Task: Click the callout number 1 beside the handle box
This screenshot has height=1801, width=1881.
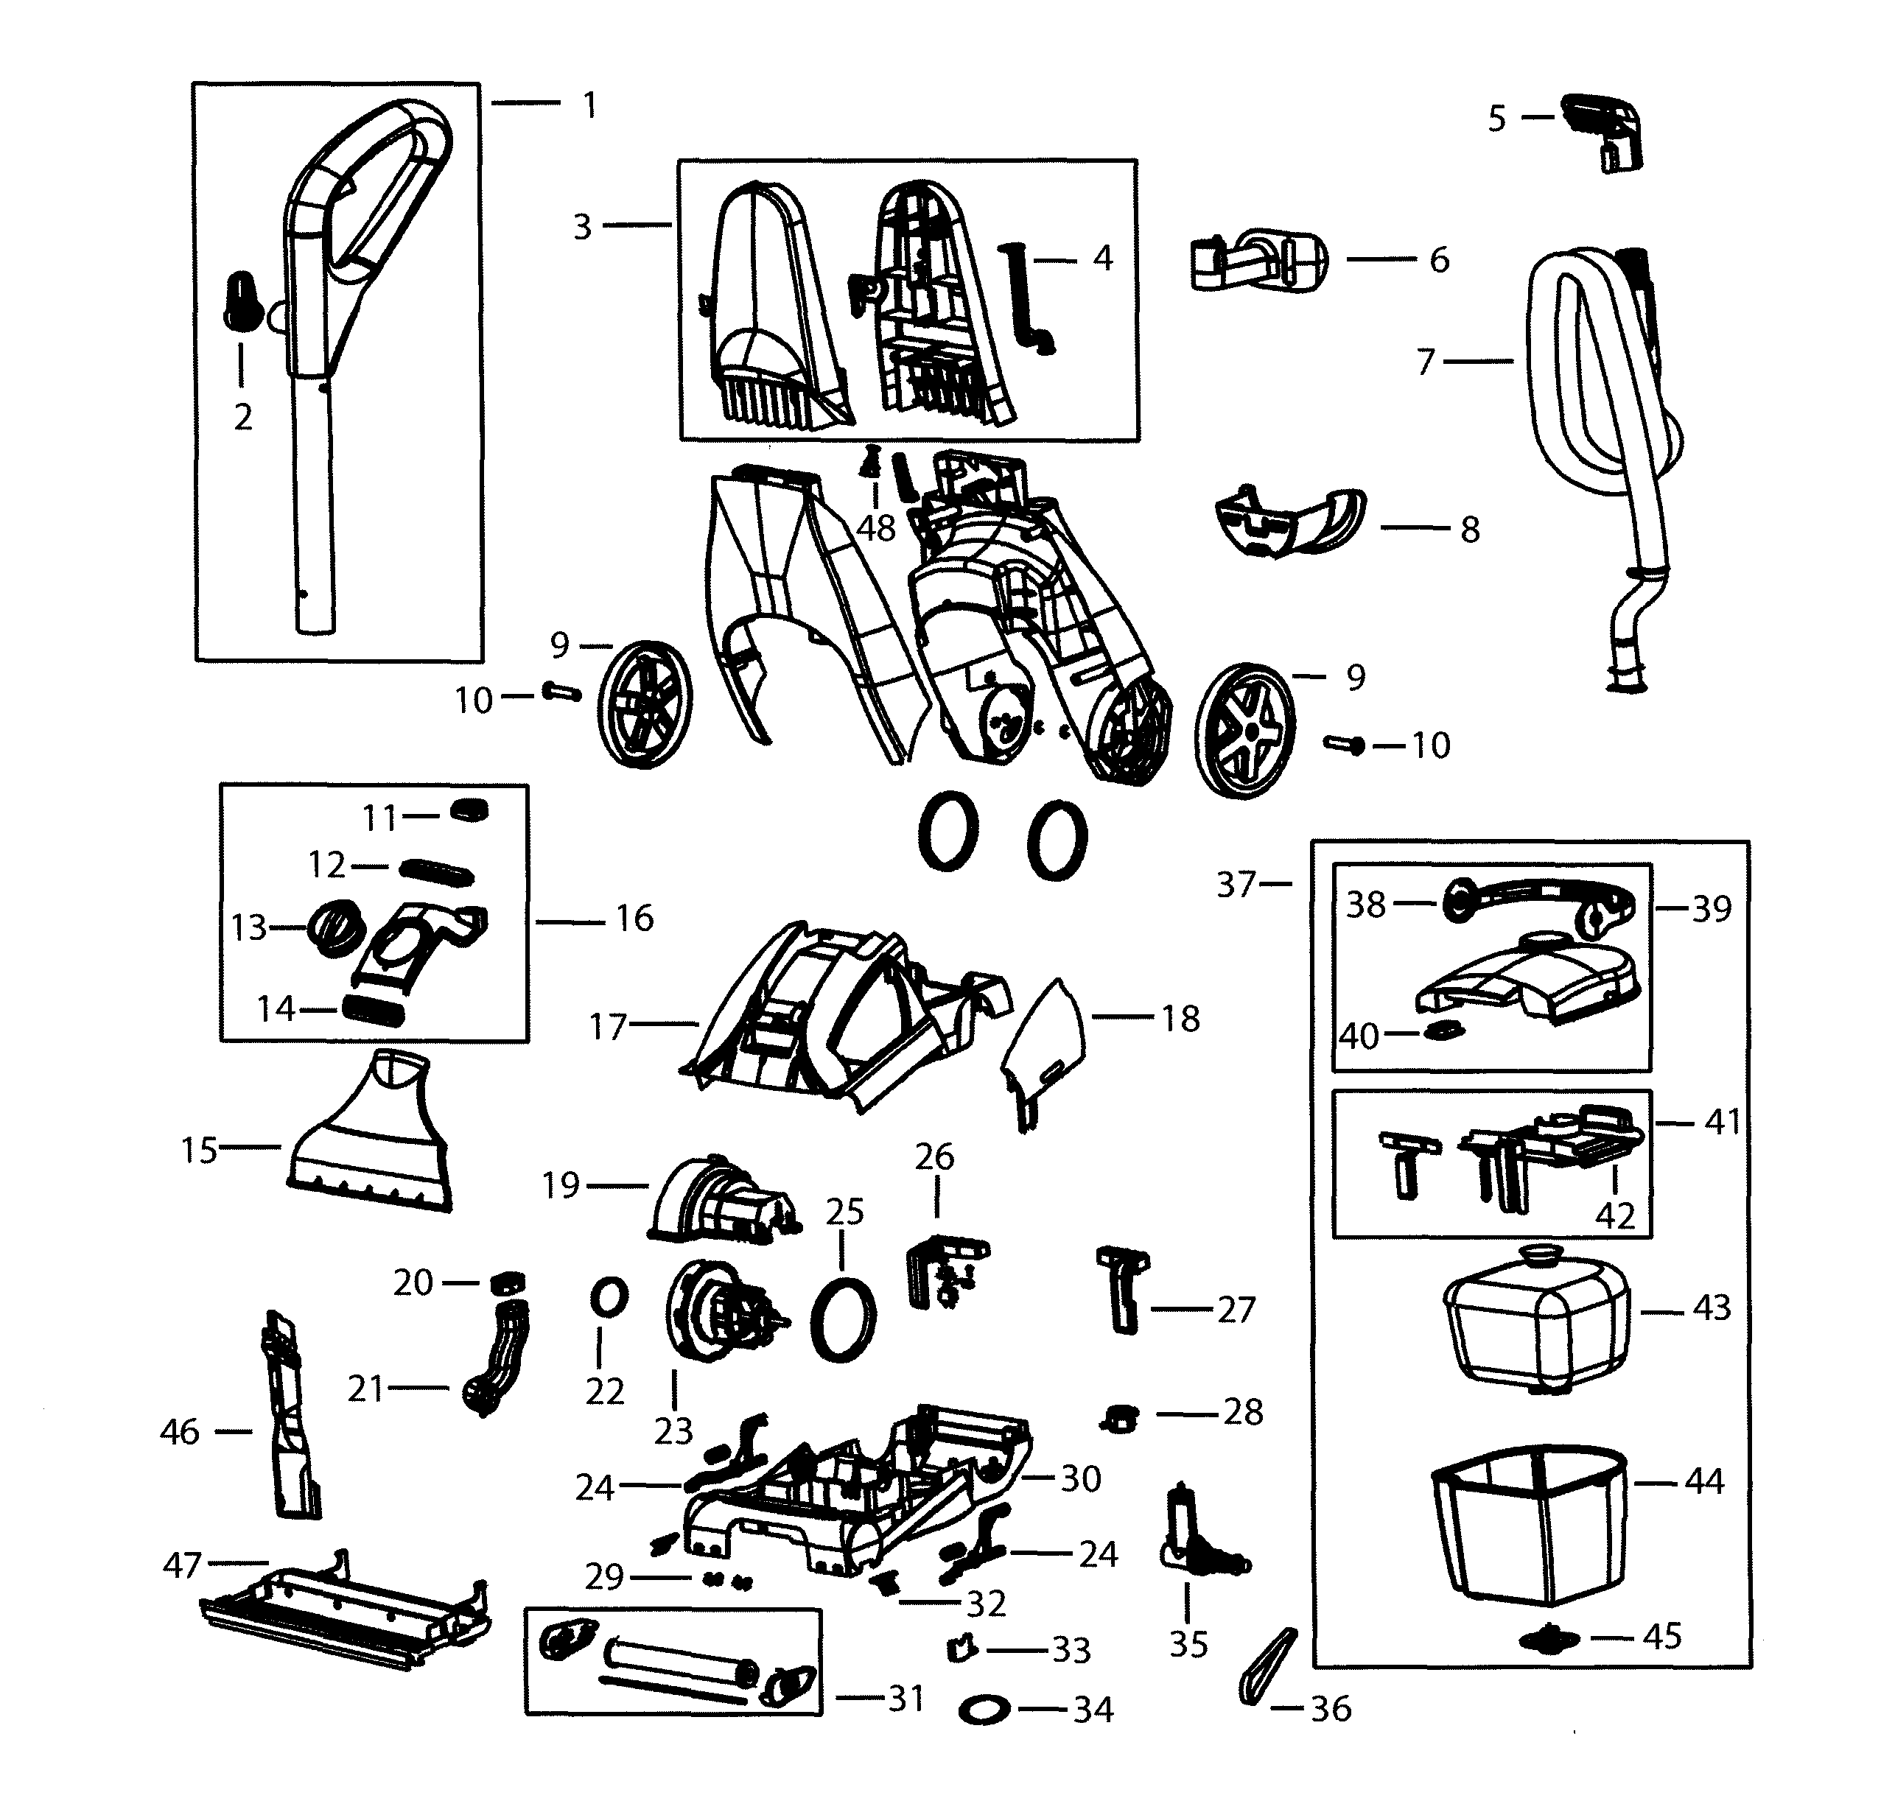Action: click(x=590, y=105)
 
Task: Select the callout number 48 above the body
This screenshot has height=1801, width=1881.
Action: click(x=875, y=527)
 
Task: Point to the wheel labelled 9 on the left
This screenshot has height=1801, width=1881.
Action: click(x=644, y=703)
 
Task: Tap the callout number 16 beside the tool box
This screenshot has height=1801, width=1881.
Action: click(x=634, y=919)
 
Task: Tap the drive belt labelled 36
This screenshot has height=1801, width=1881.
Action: click(x=1269, y=1667)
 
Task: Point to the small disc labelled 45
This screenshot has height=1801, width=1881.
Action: click(x=1548, y=1639)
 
